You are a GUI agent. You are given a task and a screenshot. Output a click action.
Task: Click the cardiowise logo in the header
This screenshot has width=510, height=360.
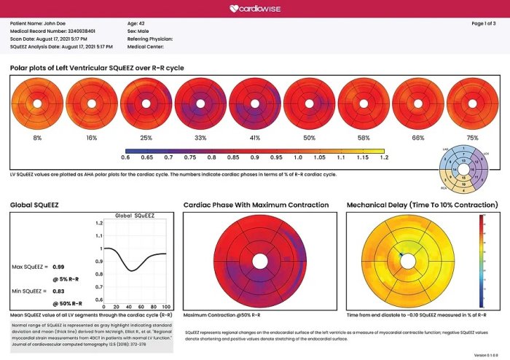(x=255, y=9)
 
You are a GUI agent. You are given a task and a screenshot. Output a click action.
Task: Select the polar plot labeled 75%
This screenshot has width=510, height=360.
(x=466, y=104)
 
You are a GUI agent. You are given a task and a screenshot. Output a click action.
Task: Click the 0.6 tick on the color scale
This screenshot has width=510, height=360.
(x=125, y=157)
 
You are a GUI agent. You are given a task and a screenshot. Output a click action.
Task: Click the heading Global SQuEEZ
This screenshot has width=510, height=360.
(x=34, y=206)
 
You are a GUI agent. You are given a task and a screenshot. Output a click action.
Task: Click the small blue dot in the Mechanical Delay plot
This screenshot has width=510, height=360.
(x=400, y=254)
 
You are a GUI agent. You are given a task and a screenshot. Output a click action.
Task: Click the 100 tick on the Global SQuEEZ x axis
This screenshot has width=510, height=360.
(x=166, y=305)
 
